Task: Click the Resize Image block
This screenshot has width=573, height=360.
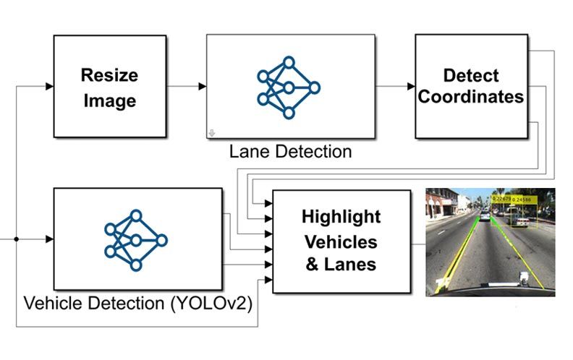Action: pos(109,86)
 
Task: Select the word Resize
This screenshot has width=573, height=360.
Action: pos(109,74)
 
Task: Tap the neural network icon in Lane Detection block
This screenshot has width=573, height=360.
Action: pos(289,87)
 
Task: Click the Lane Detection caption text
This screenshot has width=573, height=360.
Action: pos(290,152)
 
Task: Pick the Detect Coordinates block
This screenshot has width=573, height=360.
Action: pos(470,86)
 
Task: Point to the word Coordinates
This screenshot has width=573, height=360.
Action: pos(471,96)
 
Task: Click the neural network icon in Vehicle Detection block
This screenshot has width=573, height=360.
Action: pos(135,239)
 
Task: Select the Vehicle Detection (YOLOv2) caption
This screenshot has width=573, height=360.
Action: pos(137,304)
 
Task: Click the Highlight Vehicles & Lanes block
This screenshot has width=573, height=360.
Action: pos(341,240)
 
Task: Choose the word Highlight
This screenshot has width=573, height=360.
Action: pos(341,216)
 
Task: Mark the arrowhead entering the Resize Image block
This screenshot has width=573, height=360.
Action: pos(49,86)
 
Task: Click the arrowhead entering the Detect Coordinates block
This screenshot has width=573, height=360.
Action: pos(410,86)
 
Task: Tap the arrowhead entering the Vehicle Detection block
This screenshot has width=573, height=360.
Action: pos(49,239)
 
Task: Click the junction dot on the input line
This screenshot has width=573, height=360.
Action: pos(16,239)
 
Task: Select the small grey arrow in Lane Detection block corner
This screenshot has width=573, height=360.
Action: pos(212,133)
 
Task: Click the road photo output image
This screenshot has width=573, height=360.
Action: pos(490,241)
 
